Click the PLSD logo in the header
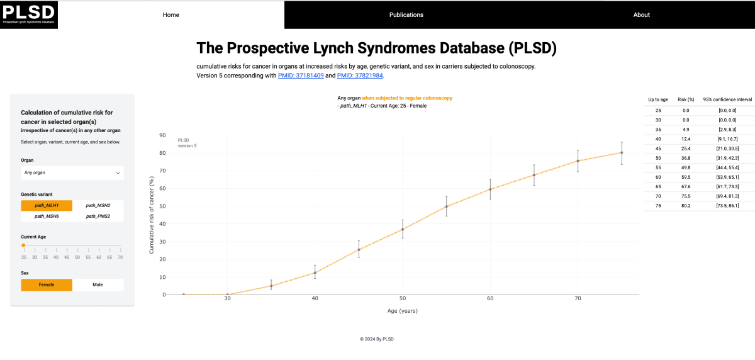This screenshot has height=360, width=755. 29,14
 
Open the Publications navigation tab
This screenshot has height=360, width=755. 406,14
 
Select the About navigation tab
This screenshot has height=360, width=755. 641,14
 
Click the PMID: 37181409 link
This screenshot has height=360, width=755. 301,76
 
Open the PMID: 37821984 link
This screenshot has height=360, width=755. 360,76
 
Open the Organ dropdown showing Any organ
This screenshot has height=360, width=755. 72,172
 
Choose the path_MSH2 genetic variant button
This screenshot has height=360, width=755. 98,206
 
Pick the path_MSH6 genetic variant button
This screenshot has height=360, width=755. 47,217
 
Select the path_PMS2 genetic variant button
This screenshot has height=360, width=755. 98,217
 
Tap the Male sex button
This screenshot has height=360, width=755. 98,284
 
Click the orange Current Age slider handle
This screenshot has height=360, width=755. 23,245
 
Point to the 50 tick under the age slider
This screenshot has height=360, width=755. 77,257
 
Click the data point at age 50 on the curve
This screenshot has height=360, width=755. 403,229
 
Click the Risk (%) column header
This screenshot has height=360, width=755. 686,100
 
